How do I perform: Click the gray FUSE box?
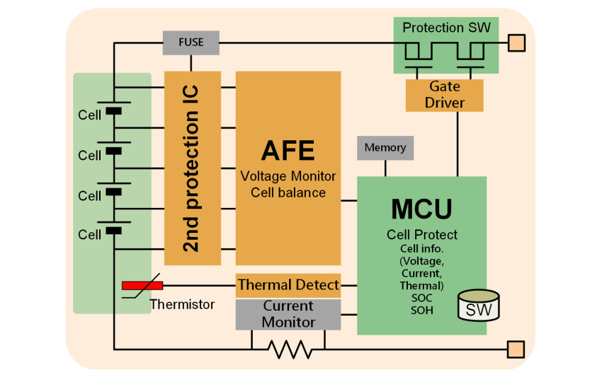click(x=191, y=42)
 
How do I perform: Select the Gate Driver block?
click(x=445, y=95)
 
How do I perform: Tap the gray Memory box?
click(x=385, y=148)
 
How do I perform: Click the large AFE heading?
click(x=288, y=151)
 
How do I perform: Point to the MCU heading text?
click(x=421, y=209)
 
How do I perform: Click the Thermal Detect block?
click(x=288, y=285)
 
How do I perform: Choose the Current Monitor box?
click(x=288, y=314)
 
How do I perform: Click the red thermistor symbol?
click(x=142, y=285)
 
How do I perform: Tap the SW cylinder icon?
click(x=479, y=306)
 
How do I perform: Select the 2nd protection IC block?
click(x=192, y=168)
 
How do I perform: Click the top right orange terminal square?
click(x=517, y=43)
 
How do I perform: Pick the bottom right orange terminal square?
click(x=516, y=349)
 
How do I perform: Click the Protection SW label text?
click(x=446, y=28)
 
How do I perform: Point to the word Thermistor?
click(x=182, y=305)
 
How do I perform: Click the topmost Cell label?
click(x=90, y=115)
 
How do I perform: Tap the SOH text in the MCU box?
click(x=421, y=311)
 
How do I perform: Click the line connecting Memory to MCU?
click(x=385, y=168)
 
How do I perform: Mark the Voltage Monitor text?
click(x=288, y=176)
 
